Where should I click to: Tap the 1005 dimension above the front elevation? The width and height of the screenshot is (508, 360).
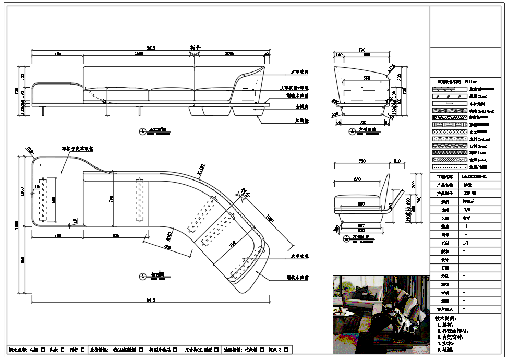229,54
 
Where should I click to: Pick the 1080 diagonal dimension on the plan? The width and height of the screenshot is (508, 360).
270,219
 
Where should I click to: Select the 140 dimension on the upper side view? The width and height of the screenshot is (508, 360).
338,54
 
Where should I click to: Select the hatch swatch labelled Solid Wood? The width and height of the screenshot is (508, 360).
449,111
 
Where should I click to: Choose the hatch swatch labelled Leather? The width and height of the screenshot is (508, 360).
449,139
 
